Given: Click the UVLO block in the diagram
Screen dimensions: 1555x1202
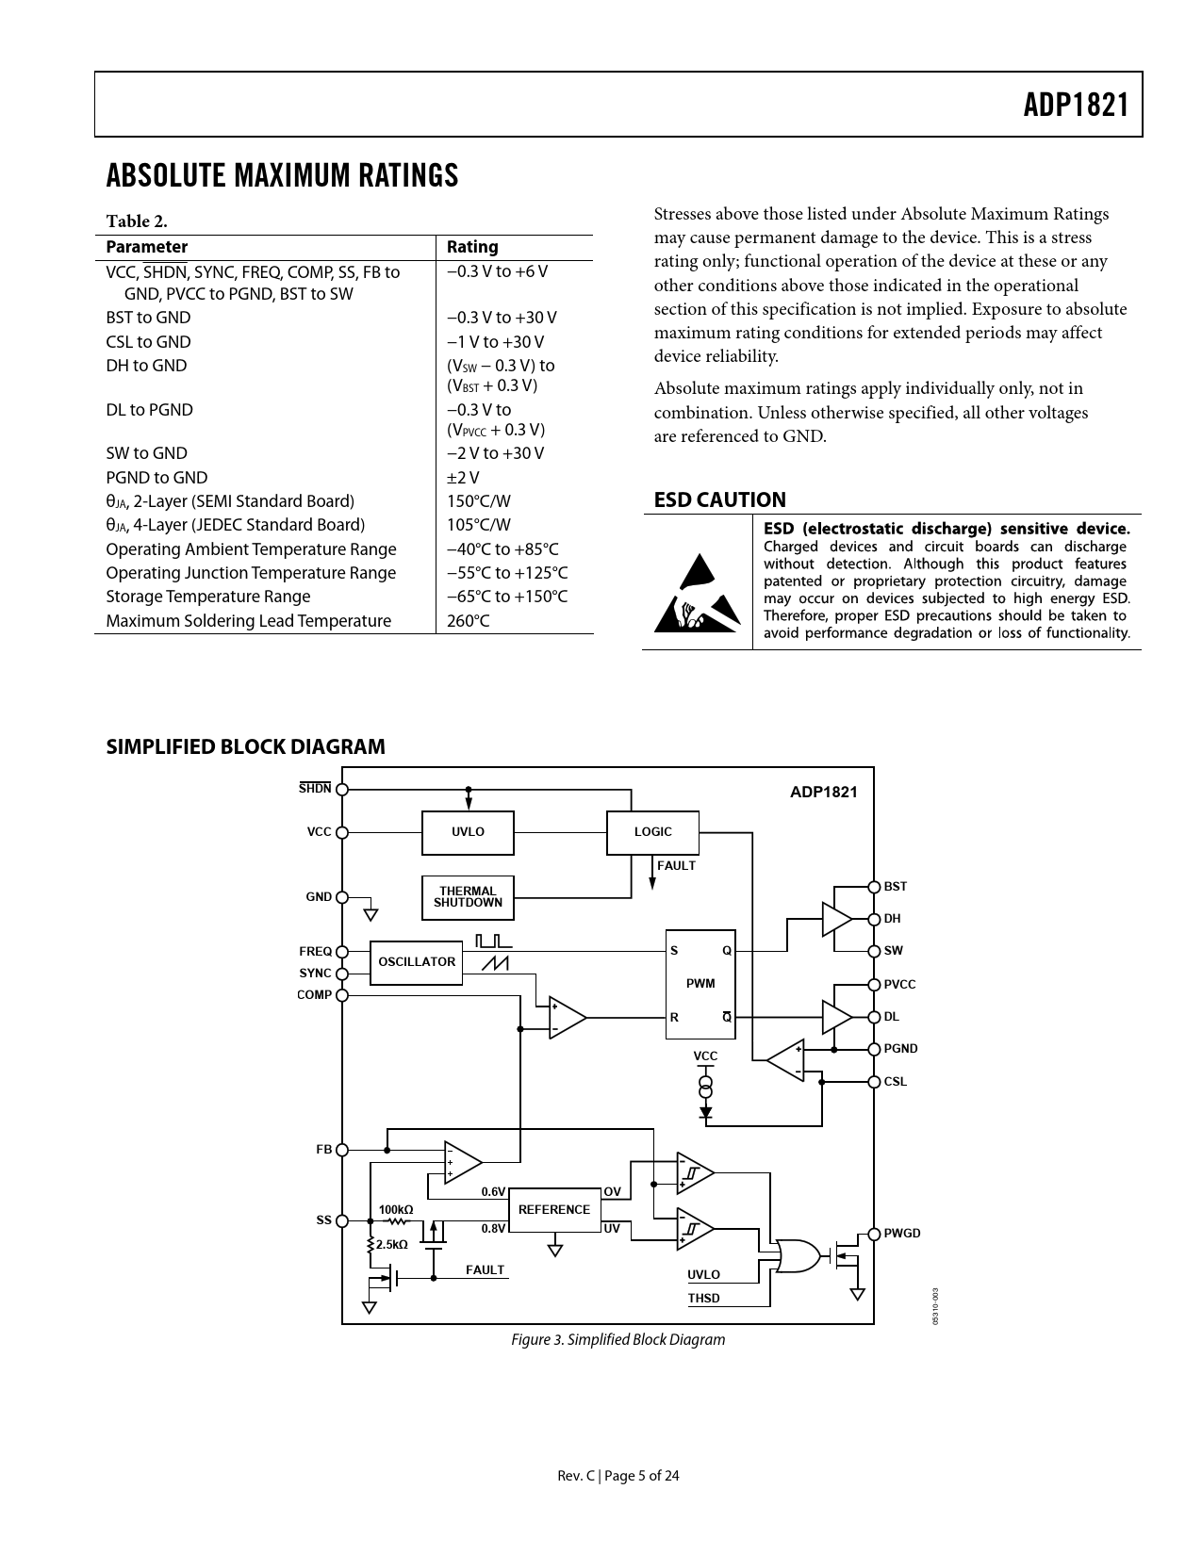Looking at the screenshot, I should tap(468, 832).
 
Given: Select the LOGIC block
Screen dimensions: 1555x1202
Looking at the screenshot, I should tap(652, 832).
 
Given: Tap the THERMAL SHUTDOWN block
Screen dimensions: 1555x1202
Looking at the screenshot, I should tap(468, 897).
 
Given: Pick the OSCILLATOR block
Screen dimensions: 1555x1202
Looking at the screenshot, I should tap(416, 962).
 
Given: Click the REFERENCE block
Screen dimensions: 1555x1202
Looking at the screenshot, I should tap(554, 1210).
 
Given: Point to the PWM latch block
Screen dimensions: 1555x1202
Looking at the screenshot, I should tap(700, 984).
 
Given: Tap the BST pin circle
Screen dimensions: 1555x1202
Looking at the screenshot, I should tap(874, 887).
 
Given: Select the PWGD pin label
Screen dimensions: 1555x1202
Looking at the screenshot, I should tap(902, 1234).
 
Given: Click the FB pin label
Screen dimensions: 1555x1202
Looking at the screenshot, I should tap(324, 1150).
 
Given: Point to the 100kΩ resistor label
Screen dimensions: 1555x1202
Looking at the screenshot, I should tap(395, 1209).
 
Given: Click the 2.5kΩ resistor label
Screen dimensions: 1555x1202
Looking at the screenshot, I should tap(392, 1245).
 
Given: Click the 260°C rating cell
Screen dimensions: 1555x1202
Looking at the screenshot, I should tap(469, 621).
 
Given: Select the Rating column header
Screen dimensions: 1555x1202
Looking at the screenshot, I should tap(472, 247).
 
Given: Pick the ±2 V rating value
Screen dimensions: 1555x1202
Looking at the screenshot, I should tap(463, 478).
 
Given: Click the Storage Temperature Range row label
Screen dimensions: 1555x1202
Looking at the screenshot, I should tap(207, 597).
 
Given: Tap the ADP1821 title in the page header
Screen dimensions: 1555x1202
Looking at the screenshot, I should tap(1076, 105).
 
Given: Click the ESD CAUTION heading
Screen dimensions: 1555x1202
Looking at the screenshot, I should tap(719, 499).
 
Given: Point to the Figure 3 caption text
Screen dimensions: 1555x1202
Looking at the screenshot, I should tap(617, 1339).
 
